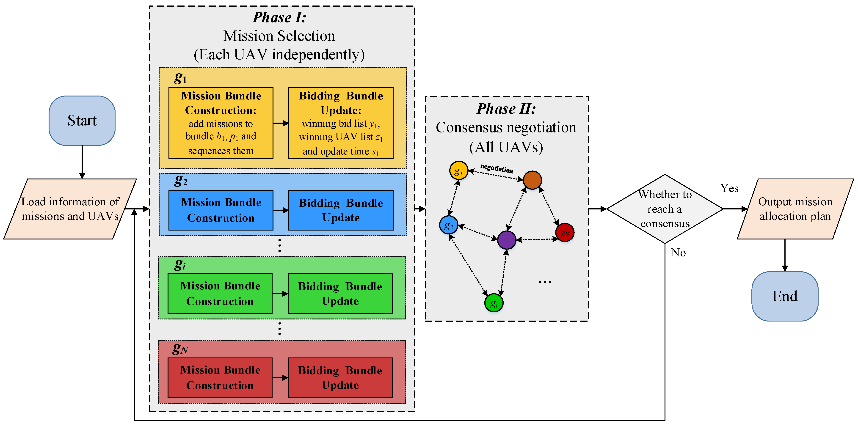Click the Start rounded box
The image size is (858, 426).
point(82,121)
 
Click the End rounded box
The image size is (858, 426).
point(785,296)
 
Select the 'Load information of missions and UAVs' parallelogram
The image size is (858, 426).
point(70,209)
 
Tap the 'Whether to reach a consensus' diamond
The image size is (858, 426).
point(665,209)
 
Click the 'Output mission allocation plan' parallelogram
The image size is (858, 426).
point(795,209)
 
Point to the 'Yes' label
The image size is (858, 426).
point(729,188)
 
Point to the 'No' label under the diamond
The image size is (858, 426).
point(678,253)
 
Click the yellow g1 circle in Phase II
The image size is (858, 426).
point(459,170)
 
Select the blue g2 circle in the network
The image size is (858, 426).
point(448,225)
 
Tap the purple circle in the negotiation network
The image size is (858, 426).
point(507,240)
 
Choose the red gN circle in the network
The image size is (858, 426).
point(565,233)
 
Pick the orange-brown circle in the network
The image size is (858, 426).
point(532,180)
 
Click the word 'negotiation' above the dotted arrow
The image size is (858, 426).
point(496,168)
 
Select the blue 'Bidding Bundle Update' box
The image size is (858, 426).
point(341,210)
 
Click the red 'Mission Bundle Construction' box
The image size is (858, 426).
point(220,378)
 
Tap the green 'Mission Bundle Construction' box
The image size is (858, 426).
point(220,294)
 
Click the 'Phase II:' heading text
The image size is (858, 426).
point(506,109)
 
